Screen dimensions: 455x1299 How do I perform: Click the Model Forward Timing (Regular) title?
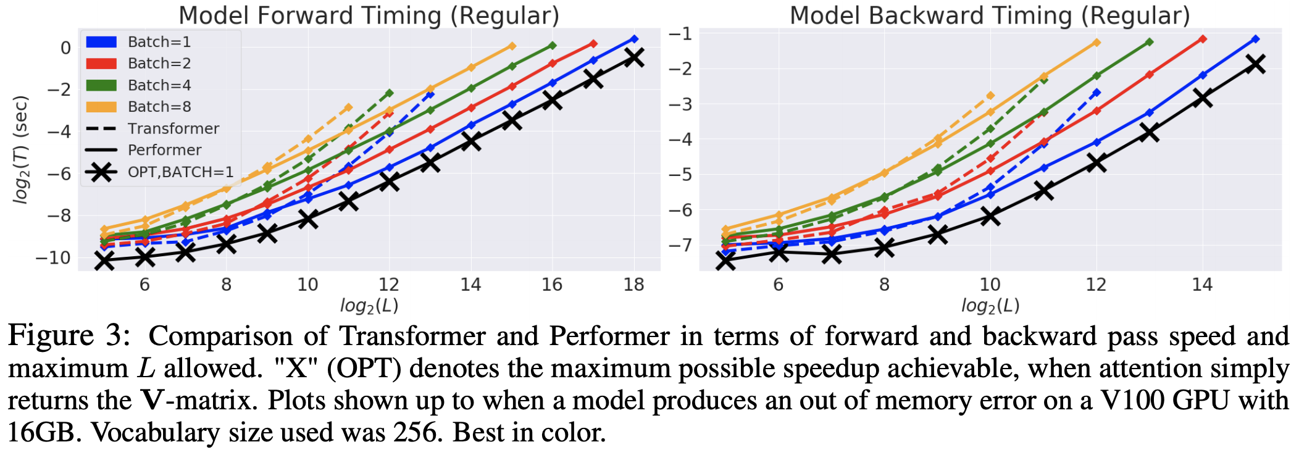tap(369, 15)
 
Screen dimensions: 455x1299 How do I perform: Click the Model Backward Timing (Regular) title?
tap(990, 15)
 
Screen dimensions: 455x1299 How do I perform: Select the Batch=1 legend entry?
tap(159, 42)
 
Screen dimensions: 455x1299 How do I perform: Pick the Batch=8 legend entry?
tap(159, 107)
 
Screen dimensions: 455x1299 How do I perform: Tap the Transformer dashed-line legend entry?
tap(173, 128)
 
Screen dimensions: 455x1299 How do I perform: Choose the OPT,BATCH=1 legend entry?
tap(180, 172)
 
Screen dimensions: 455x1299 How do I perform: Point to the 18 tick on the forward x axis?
tap(634, 285)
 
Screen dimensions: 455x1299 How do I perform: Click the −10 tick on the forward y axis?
tap(53, 257)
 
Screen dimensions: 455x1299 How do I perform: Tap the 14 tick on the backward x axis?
tap(1202, 285)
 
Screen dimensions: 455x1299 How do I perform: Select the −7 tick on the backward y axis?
tap(680, 245)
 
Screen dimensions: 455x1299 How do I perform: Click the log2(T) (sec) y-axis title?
tap(21, 149)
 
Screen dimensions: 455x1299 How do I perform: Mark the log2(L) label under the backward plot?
tap(990, 305)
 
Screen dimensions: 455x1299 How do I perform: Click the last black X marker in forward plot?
tap(634, 58)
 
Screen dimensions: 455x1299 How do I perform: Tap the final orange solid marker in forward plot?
tap(512, 46)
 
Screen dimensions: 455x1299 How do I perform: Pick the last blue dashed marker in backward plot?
tap(1096, 93)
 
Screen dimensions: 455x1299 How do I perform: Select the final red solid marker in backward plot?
tap(1203, 39)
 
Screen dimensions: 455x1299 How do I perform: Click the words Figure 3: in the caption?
tap(69, 336)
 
